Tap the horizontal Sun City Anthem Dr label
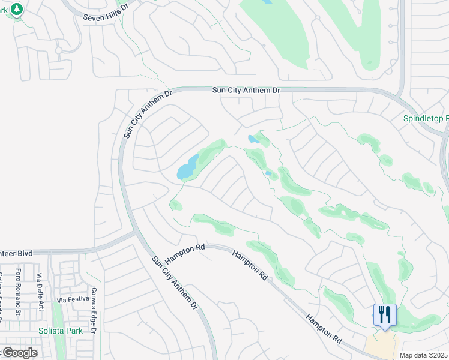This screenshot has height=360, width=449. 246,90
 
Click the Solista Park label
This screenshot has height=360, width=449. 59,331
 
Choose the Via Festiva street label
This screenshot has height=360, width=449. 72,299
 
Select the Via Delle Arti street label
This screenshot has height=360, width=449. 40,292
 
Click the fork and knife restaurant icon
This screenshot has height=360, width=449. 385,314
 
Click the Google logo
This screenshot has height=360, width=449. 19,353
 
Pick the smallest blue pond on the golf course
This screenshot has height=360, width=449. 268,174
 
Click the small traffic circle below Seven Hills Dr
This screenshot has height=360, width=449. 59,50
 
